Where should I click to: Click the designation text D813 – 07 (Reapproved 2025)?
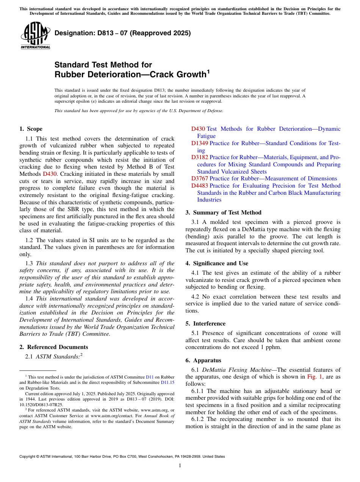click(122, 33)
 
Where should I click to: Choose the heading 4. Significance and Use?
click(217, 263)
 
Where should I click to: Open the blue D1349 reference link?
click(199, 143)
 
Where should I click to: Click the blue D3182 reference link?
click(199, 157)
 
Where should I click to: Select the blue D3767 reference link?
click(199, 178)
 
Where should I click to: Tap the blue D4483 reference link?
click(199, 186)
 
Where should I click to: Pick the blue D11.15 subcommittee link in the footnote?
click(167, 383)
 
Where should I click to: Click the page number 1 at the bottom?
click(180, 466)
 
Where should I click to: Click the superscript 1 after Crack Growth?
click(208, 71)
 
